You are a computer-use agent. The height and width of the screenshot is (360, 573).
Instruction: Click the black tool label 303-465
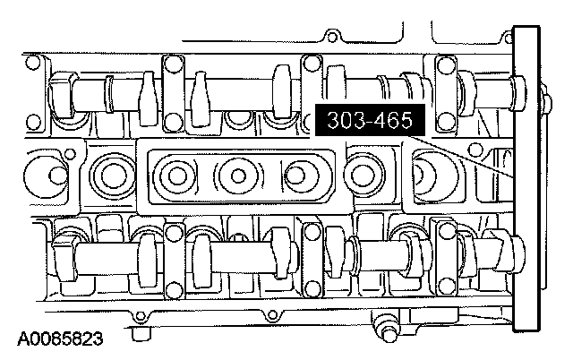pos(370,120)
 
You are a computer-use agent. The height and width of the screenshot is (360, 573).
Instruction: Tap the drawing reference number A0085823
pos(60,339)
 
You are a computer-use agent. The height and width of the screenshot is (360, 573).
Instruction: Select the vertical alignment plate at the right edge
pos(526,179)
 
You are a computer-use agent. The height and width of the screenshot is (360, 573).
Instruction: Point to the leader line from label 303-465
pos(460,156)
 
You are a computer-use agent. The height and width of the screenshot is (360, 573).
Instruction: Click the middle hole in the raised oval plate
pos(238,176)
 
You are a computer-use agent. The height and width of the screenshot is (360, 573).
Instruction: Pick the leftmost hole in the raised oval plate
pos(177,176)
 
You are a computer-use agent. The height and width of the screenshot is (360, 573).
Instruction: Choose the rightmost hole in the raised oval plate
pos(295,176)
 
